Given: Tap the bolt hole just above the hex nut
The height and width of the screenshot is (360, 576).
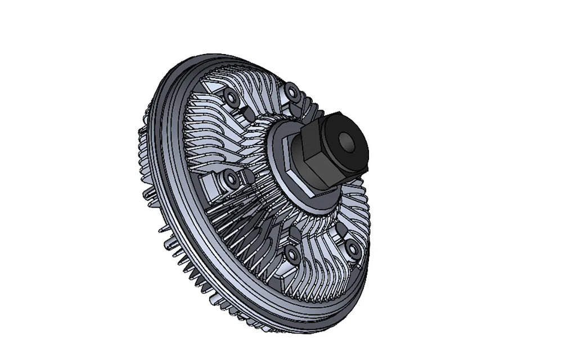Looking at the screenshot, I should click(x=292, y=91).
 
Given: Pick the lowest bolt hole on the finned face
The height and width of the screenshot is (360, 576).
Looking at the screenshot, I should click(x=292, y=255).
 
